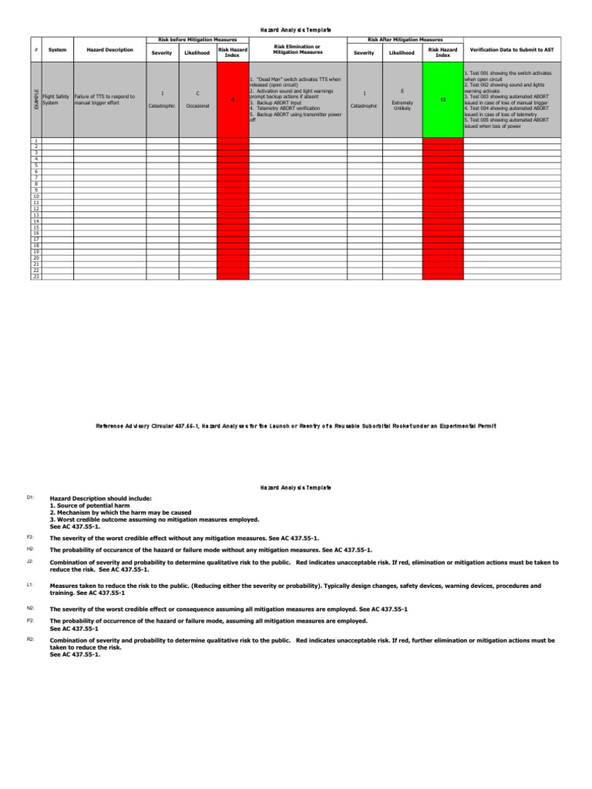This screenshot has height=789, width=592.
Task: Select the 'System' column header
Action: [57, 50]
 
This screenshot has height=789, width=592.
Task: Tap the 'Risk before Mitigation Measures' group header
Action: [197, 39]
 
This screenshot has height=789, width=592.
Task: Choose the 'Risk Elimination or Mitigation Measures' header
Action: [297, 50]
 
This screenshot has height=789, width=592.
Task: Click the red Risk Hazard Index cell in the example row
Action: [233, 100]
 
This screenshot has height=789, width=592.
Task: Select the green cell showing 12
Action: [442, 100]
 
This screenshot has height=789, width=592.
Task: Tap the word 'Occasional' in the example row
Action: [198, 106]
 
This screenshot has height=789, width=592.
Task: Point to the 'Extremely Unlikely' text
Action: [402, 106]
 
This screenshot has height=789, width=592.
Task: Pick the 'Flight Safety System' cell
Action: [56, 99]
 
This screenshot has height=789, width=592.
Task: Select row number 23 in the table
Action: [35, 277]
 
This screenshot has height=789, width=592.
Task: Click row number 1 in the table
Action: [35, 141]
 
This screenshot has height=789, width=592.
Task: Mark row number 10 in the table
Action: [35, 196]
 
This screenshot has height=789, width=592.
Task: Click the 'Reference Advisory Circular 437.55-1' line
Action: [295, 425]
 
